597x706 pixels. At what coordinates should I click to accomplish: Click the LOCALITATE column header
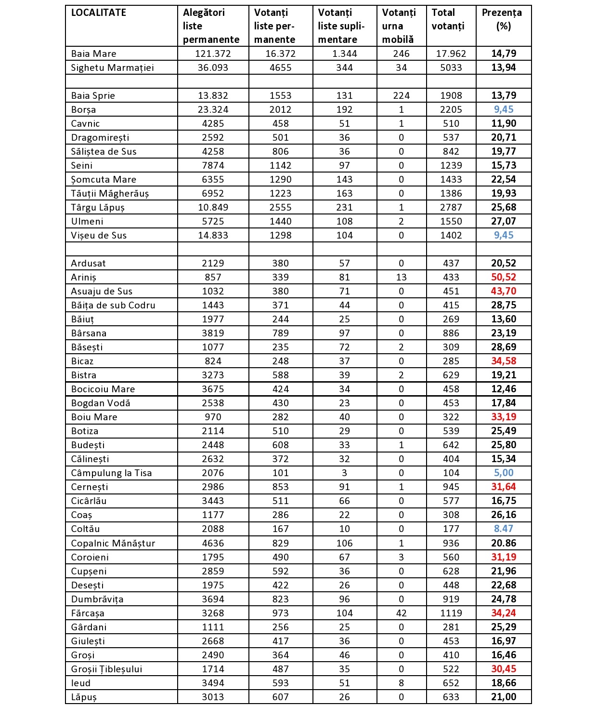click(99, 13)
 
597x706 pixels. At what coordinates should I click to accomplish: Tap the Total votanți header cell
click(448, 19)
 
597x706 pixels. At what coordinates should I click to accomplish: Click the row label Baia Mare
click(93, 53)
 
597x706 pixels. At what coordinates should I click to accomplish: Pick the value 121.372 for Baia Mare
click(213, 53)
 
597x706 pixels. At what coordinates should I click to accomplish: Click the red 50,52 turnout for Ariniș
click(504, 277)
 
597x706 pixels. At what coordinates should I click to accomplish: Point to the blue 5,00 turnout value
click(504, 473)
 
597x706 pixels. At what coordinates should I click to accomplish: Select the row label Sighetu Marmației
click(112, 67)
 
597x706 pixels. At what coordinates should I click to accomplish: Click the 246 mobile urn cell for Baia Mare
click(401, 53)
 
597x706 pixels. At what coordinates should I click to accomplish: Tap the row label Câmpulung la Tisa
click(111, 473)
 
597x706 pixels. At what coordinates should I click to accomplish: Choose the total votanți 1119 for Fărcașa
click(451, 613)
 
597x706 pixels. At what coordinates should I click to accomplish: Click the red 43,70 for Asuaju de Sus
click(504, 291)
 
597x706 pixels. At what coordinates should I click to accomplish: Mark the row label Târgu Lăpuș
click(98, 207)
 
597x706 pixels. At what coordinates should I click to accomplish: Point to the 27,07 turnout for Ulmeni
click(504, 221)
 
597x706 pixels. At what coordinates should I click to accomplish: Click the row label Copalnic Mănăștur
click(113, 543)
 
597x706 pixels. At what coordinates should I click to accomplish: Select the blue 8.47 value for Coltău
click(504, 529)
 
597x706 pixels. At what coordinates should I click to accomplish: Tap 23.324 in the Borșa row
click(213, 109)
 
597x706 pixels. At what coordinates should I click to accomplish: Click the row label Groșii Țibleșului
click(106, 669)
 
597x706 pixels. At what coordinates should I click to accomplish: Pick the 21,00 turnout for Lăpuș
click(504, 697)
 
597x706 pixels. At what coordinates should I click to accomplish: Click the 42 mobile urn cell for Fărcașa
click(401, 613)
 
